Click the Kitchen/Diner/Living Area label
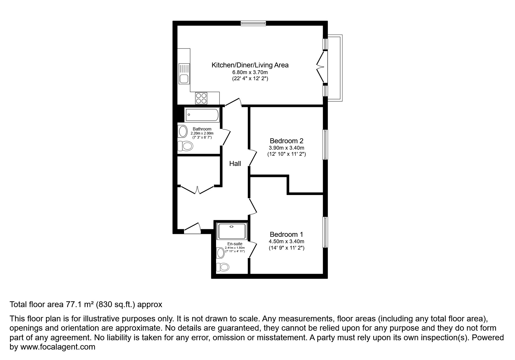point(250,65)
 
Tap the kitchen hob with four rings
point(201,98)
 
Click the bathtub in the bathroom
point(202,115)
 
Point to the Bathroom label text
point(202,129)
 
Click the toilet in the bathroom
point(186,146)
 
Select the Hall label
point(235,164)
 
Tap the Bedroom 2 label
point(286,141)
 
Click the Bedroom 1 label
point(286,234)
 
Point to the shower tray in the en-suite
point(232,231)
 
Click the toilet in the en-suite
point(223,267)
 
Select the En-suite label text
point(235,244)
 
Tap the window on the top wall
point(253,23)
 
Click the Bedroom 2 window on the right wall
point(325,144)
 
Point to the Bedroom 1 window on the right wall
point(325,232)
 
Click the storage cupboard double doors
point(197,190)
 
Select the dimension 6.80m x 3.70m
point(250,72)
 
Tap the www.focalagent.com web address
point(57,347)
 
